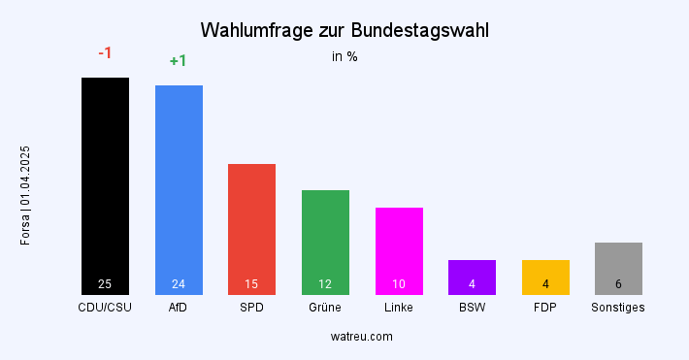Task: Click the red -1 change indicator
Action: pyautogui.click(x=106, y=52)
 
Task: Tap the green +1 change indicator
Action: pyautogui.click(x=179, y=60)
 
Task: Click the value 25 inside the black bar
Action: pyautogui.click(x=105, y=284)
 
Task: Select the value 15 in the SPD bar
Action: pyautogui.click(x=251, y=284)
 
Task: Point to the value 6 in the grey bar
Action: pyautogui.click(x=618, y=284)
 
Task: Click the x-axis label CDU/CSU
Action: pyautogui.click(x=105, y=308)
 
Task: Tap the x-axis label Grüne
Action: pyautogui.click(x=325, y=308)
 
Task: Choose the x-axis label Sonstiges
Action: pyautogui.click(x=618, y=308)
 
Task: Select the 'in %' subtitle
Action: pyautogui.click(x=344, y=56)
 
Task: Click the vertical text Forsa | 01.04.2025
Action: pyautogui.click(x=26, y=194)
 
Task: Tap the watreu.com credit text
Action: pyautogui.click(x=361, y=337)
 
